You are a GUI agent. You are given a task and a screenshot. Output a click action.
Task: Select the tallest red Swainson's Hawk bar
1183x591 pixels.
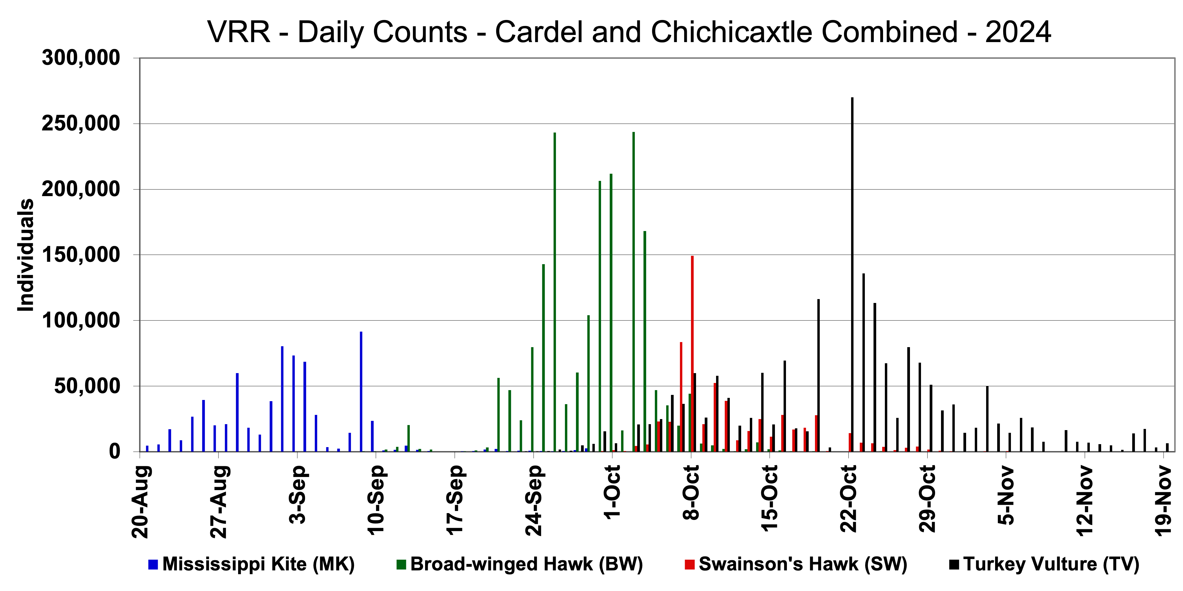[x=692, y=353]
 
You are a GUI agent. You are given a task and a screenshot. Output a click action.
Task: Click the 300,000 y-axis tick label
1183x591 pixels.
[x=81, y=58]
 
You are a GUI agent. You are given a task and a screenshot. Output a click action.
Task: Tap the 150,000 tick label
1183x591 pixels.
[x=81, y=255]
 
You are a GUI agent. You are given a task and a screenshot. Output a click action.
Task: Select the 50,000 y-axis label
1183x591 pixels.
[x=87, y=386]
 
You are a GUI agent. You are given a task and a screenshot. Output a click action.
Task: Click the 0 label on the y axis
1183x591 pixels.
[x=114, y=452]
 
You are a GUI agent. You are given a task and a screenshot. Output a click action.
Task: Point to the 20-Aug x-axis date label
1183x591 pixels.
[x=141, y=501]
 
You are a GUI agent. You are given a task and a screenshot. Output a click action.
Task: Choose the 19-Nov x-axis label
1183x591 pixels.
[x=1163, y=500]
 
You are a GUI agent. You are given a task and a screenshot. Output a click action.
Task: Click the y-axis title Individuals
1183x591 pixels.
[x=26, y=255]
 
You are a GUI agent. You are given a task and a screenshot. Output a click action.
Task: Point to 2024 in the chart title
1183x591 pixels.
[x=1018, y=32]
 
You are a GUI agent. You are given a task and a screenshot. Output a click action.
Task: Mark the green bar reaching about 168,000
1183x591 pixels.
[x=645, y=341]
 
